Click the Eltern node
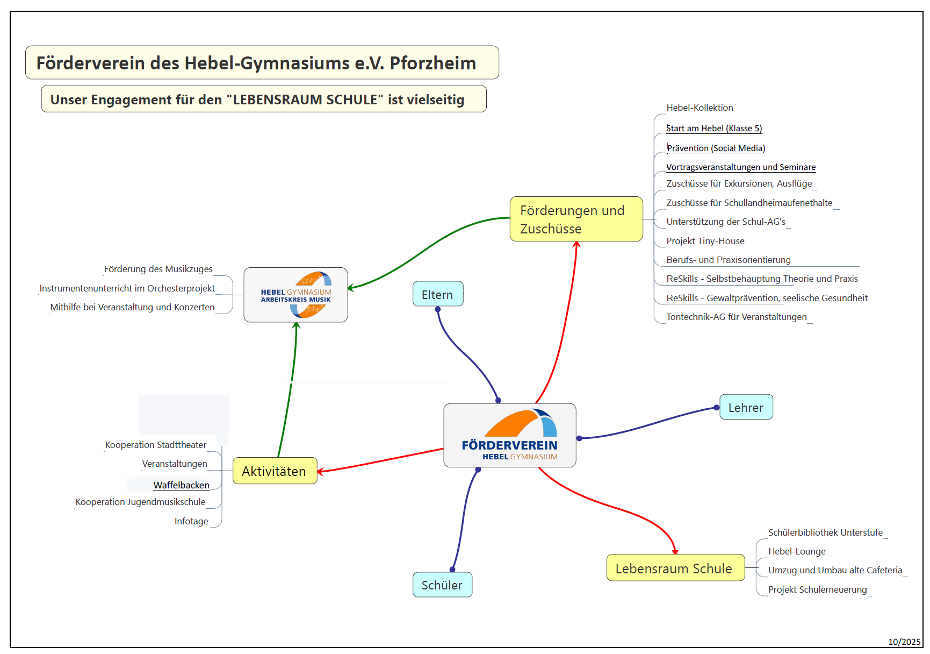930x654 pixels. coord(437,294)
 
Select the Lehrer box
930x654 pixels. coord(746,408)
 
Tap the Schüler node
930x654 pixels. coord(442,585)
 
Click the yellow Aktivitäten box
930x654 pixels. coord(275,471)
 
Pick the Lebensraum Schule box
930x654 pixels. coord(675,568)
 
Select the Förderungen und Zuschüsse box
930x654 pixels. coord(575,219)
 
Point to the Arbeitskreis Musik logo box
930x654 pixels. coord(295,295)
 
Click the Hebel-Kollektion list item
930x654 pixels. coord(700,108)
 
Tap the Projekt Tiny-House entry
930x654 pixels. coord(705,241)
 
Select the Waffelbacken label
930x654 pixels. coord(181,485)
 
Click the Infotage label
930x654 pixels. coord(191,521)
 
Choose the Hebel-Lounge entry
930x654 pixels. coord(796,551)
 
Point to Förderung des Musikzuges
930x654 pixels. coord(158,269)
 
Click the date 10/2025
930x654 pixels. coord(904,642)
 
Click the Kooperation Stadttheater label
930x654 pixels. coord(155,445)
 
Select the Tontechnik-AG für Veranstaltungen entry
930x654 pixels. coord(736,317)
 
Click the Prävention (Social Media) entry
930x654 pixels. coord(716,148)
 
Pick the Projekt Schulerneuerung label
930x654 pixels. coord(817,589)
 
